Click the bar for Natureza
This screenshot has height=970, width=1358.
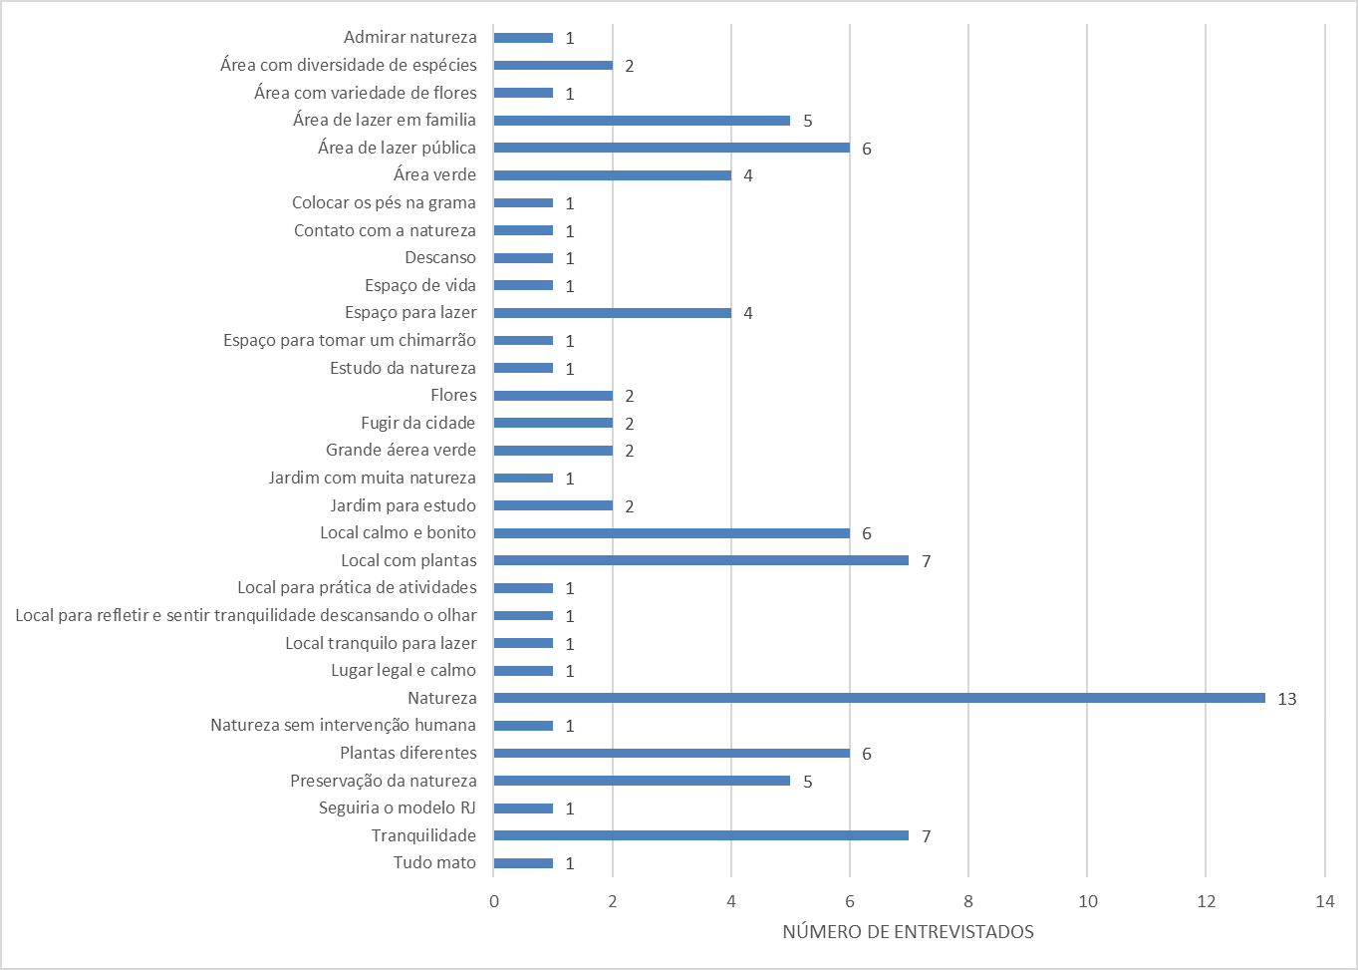[x=879, y=698]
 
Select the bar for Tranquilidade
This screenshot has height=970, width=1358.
[x=700, y=835]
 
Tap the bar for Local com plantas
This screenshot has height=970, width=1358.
[x=700, y=560]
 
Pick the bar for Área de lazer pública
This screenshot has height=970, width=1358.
[x=672, y=148]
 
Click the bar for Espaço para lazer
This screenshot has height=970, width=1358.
[x=612, y=313]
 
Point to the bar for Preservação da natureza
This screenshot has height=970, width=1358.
[x=642, y=781]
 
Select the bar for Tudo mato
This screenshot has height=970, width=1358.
[x=523, y=863]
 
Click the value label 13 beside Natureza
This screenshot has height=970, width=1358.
[x=1286, y=699]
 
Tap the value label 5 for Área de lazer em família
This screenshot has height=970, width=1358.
[x=807, y=121]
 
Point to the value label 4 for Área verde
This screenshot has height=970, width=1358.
[x=747, y=175]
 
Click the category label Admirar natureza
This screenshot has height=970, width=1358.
[x=409, y=38]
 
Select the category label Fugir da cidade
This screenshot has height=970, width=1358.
[x=417, y=423]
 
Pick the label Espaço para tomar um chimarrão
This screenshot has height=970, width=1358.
[x=349, y=340]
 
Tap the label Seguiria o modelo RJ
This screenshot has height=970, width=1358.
[x=397, y=808]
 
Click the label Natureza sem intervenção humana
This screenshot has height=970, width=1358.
[x=343, y=725]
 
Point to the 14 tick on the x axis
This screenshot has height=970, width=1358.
[x=1324, y=901]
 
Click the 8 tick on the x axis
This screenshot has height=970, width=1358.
[x=968, y=901]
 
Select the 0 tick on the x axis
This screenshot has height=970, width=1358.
[x=494, y=901]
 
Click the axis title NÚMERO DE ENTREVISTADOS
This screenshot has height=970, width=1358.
[x=908, y=932]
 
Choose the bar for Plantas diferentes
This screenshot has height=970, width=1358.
[x=672, y=753]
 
